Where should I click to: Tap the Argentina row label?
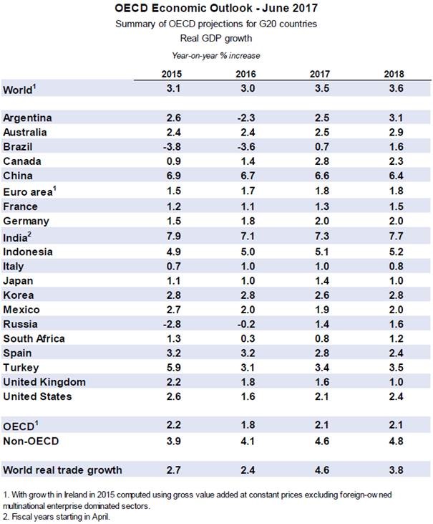coord(28,118)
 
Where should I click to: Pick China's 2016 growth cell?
coord(245,176)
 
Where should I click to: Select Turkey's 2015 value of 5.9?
coord(171,367)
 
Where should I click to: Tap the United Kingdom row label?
coord(44,382)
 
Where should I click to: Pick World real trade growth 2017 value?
coord(319,470)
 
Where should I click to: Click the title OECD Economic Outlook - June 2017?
coord(216,9)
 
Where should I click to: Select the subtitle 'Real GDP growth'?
coord(216,38)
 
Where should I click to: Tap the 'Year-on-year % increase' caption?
coord(216,56)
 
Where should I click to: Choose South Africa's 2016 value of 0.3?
coord(245,338)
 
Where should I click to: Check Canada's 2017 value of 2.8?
coord(319,161)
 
